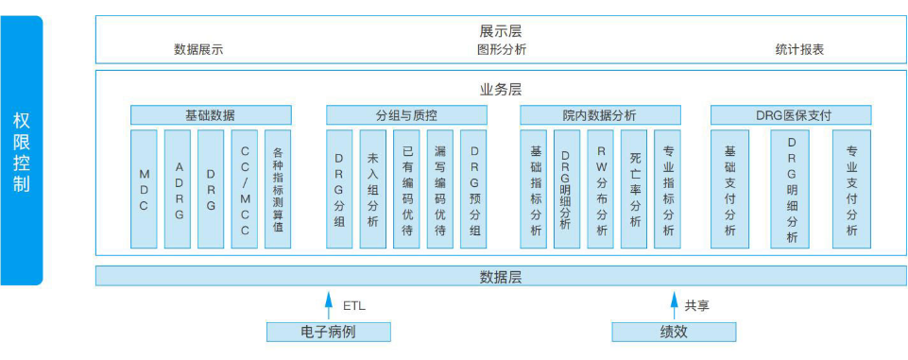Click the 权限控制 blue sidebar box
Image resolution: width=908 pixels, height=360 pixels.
tap(22, 150)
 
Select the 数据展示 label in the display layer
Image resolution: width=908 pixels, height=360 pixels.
tap(198, 49)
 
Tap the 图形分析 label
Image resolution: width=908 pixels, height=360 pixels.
tap(502, 49)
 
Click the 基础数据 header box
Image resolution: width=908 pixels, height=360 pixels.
tap(211, 115)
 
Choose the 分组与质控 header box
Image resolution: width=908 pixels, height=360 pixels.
tap(406, 115)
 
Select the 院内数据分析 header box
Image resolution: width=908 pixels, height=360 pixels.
tap(599, 115)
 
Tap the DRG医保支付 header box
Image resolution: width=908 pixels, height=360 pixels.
tap(792, 115)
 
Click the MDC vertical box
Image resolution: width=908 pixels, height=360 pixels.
tap(145, 189)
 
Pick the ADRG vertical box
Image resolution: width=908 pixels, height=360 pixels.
tap(178, 189)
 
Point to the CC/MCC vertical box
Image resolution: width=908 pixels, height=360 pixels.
tap(244, 189)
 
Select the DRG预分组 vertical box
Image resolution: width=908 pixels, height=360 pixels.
tap(473, 189)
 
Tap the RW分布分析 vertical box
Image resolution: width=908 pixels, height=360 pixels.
tap(601, 189)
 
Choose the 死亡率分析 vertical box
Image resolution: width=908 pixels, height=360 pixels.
tap(634, 189)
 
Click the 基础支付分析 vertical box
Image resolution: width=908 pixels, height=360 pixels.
tap(729, 189)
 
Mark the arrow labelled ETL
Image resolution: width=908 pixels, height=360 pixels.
tap(329, 304)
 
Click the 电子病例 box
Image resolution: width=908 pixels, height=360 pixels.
tap(328, 332)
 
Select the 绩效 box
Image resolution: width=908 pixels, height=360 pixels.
tap(673, 332)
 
